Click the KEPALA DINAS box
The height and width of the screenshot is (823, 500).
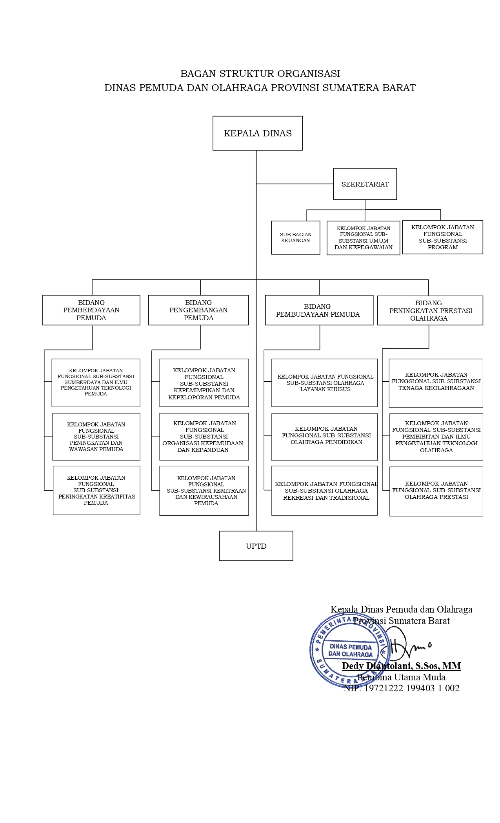[x=257, y=133]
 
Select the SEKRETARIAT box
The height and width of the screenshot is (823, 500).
[x=365, y=184]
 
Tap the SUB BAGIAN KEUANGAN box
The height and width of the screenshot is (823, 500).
[x=295, y=237]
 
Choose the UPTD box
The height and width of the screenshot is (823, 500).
[x=256, y=546]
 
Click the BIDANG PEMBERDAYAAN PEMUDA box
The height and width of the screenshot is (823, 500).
[x=91, y=310]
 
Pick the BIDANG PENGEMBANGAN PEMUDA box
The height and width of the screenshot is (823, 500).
[x=198, y=310]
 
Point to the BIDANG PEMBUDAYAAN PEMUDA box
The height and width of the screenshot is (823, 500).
[x=319, y=310]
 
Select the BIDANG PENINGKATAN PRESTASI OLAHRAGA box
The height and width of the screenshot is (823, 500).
[x=430, y=310]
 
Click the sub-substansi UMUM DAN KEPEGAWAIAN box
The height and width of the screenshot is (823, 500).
[x=363, y=238]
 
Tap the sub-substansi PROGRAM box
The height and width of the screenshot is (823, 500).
[x=442, y=237]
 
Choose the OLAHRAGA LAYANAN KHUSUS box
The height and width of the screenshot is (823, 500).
[x=324, y=383]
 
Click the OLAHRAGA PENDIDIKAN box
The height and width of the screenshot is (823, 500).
[x=324, y=437]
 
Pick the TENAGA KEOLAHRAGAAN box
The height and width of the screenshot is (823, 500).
[x=436, y=383]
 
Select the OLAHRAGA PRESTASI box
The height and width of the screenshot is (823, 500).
[x=436, y=491]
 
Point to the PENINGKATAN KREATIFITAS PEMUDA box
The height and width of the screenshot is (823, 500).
[x=96, y=490]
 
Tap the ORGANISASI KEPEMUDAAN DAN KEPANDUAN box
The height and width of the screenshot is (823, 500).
[x=204, y=437]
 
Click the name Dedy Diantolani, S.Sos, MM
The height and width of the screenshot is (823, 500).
[x=401, y=666]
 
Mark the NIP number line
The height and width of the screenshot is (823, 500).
[x=401, y=688]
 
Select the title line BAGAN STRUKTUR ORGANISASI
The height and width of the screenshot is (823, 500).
[x=260, y=74]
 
